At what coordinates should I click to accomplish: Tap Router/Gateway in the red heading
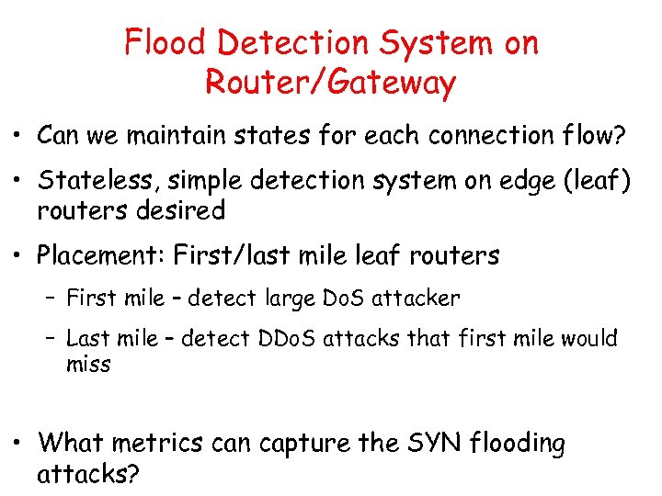(330, 83)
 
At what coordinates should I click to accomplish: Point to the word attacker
(417, 299)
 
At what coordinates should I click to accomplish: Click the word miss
(88, 365)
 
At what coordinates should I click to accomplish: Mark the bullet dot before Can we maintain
(17, 137)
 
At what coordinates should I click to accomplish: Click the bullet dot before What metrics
(17, 445)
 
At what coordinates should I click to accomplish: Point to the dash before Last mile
(51, 339)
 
